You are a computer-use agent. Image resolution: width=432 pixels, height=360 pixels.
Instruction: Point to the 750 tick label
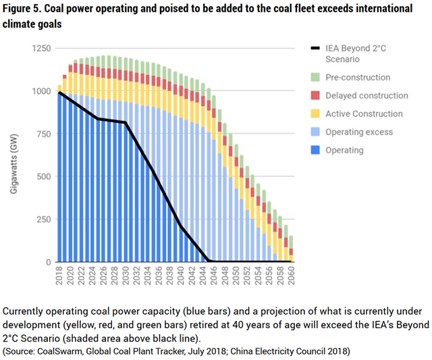pos(43,134)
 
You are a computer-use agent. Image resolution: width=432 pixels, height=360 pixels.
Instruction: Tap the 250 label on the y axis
pos(43,220)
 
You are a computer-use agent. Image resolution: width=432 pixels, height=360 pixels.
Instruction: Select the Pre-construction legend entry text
pos(358,78)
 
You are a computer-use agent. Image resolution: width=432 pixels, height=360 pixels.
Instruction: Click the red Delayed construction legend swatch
pos(314,96)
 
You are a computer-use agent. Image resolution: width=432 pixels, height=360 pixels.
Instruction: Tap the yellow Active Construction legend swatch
pos(314,114)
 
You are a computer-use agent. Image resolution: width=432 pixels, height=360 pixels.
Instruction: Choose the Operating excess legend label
pos(359,132)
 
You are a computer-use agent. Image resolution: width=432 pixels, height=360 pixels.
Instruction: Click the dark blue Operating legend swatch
pos(314,151)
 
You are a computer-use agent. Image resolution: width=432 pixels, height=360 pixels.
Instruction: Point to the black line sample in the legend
pos(314,49)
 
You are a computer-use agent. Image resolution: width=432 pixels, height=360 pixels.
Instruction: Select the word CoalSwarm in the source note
pos(57,352)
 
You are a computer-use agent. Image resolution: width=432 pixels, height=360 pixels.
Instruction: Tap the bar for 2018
pos(59,176)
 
